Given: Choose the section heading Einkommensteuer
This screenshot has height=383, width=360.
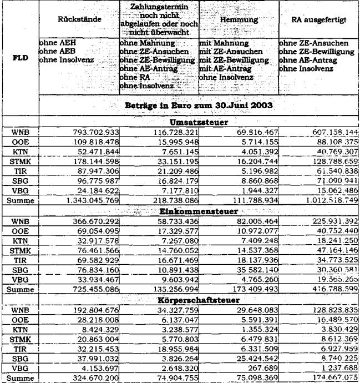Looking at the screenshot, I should [x=197, y=213].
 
